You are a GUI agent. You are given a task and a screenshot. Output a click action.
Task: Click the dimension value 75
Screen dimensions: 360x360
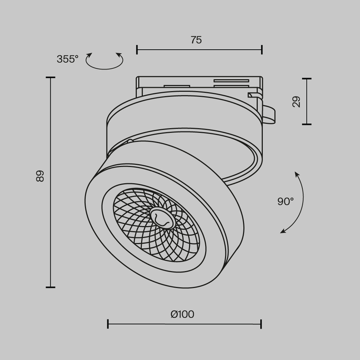pyautogui.click(x=196, y=40)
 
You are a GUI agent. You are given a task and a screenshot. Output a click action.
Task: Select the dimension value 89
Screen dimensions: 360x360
pyautogui.click(x=40, y=176)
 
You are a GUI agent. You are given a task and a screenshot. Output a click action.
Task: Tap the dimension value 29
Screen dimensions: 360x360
pyautogui.click(x=296, y=102)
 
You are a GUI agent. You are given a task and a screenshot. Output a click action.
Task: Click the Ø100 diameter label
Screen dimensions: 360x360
pyautogui.click(x=182, y=314)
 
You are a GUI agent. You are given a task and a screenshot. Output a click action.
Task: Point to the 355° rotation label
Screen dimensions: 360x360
pyautogui.click(x=67, y=59)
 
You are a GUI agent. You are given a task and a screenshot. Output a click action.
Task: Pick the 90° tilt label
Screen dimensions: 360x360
pyautogui.click(x=285, y=202)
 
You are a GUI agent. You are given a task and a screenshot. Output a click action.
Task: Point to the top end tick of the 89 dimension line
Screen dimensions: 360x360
pyautogui.click(x=50, y=77)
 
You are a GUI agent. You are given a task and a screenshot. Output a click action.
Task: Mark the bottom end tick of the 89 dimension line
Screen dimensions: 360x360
pyautogui.click(x=50, y=287)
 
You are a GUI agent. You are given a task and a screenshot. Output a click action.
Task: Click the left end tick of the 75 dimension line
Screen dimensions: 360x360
pyautogui.click(x=137, y=49)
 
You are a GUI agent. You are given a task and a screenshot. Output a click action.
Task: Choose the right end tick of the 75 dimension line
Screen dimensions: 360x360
pyautogui.click(x=262, y=49)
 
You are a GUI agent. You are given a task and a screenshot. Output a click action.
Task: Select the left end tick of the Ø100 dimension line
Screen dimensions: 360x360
pyautogui.click(x=108, y=324)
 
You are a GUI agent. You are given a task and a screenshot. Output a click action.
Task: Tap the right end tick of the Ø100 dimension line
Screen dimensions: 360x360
pyautogui.click(x=261, y=324)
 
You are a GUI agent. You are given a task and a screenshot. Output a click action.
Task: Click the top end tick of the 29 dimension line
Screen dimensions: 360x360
pyautogui.click(x=307, y=78)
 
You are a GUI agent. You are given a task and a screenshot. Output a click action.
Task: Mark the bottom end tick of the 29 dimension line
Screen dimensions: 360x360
pyautogui.click(x=307, y=124)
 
